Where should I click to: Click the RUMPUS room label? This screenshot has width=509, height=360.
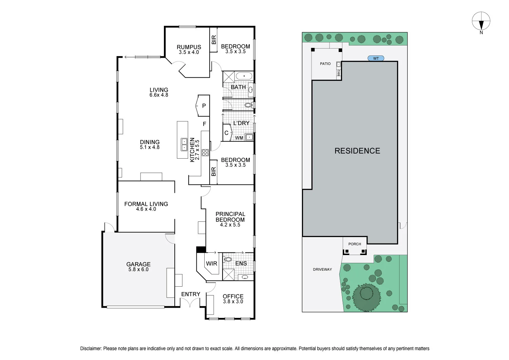tap(189, 47)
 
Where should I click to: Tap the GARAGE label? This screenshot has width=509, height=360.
tap(138, 264)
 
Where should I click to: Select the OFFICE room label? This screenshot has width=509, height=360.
tap(233, 296)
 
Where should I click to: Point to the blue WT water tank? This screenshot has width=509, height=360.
tap(376, 58)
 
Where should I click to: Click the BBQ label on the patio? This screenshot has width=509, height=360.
tap(339, 73)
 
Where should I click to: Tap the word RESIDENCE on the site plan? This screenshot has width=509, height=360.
tap(357, 151)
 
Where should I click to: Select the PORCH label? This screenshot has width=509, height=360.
tap(355, 244)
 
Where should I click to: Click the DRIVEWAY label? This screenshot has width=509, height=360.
tap(322, 269)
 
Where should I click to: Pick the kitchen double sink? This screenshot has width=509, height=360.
tap(184, 144)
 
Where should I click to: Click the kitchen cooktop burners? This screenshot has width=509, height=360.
tap(205, 152)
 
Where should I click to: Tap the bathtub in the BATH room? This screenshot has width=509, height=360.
tap(244, 76)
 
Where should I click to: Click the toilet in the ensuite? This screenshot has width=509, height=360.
tap(227, 259)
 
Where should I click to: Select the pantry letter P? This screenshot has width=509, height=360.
tap(204, 106)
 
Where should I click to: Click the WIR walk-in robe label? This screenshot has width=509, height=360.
tap(211, 264)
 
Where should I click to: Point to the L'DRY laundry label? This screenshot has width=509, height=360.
tap(241, 123)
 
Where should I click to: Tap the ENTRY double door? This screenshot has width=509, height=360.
tap(190, 303)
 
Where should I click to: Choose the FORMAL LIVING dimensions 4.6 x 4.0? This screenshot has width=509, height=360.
tap(146, 209)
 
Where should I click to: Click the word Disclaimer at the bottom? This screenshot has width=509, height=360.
tap(91, 348)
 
